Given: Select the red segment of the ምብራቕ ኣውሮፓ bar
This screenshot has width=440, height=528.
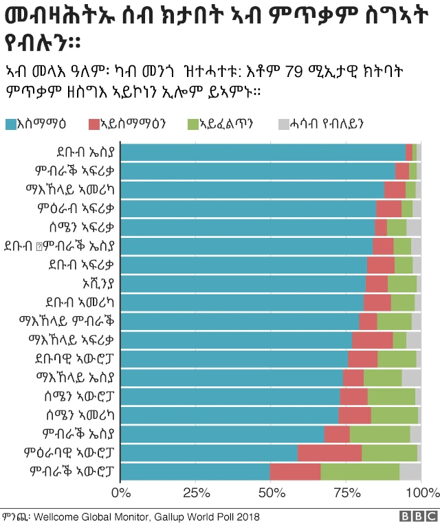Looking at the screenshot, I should click(295, 472).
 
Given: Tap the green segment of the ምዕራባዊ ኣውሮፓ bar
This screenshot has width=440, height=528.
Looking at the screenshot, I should click(389, 452).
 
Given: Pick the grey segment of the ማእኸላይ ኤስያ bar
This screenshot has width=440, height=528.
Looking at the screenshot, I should click(411, 377).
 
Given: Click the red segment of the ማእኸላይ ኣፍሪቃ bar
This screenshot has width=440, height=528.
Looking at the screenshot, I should click(372, 340).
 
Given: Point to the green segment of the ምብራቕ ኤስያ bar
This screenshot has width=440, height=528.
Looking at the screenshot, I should click(379, 434).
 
